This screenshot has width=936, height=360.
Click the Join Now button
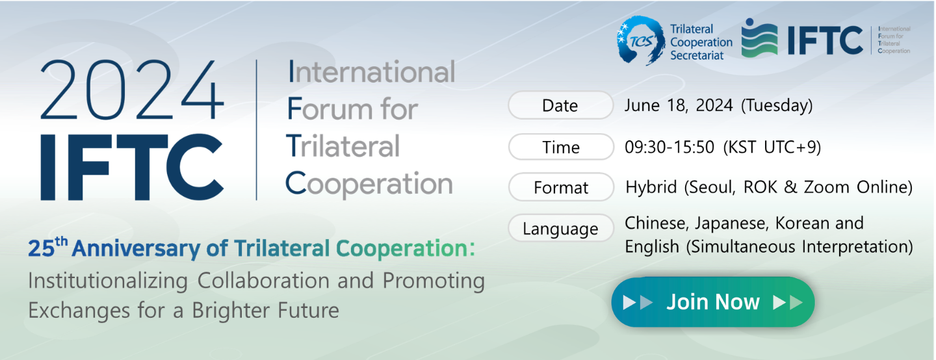(x=713, y=302)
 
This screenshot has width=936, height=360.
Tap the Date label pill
(x=561, y=105)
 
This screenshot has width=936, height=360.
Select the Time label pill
(x=561, y=147)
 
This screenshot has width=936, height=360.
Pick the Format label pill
(x=561, y=187)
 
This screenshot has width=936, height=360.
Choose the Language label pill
(x=561, y=228)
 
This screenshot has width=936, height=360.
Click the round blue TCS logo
(x=641, y=40)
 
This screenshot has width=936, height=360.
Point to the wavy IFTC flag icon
(x=759, y=38)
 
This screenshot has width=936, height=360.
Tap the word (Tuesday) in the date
(x=777, y=105)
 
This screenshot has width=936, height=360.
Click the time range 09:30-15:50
(x=669, y=147)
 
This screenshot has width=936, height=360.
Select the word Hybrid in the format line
(x=651, y=187)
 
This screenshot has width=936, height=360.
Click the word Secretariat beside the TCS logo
(x=697, y=55)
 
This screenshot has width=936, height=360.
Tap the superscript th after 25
(x=61, y=241)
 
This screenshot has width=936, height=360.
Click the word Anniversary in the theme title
(x=136, y=248)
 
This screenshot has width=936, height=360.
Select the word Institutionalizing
(x=108, y=281)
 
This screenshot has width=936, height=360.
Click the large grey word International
(x=372, y=71)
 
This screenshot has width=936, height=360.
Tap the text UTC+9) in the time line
(x=792, y=147)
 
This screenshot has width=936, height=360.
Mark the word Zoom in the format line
(x=827, y=187)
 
